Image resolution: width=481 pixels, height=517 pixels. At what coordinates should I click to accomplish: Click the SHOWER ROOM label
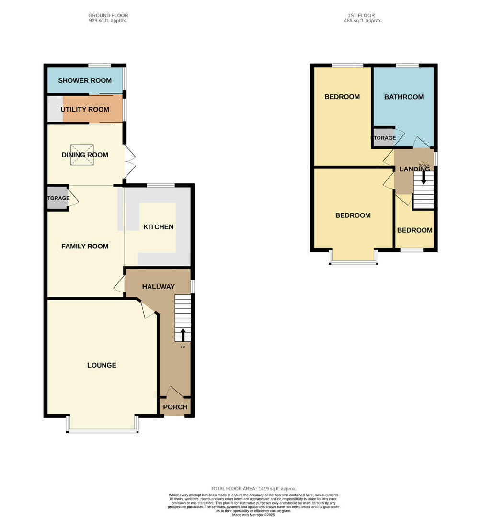(85, 80)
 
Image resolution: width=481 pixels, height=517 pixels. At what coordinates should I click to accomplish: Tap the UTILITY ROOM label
(85, 109)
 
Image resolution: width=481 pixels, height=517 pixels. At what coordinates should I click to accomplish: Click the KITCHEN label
(159, 227)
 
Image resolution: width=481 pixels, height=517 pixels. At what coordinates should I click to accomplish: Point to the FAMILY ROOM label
(85, 247)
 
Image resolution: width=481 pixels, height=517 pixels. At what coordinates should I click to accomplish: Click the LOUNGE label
(102, 365)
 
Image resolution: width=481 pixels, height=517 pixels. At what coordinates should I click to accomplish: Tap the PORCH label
(175, 407)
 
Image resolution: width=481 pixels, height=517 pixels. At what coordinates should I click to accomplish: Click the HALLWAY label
(158, 287)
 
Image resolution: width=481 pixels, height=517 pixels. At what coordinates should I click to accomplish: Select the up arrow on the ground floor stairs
(183, 334)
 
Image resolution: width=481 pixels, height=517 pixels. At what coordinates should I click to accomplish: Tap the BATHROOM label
(404, 97)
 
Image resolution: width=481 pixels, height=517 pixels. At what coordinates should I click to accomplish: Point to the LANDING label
(414, 169)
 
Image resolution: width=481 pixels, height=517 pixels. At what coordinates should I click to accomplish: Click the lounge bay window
(103, 430)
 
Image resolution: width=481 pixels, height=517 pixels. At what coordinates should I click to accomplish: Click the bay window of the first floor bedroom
(353, 261)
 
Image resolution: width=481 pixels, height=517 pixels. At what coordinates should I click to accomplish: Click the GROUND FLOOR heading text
(108, 16)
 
